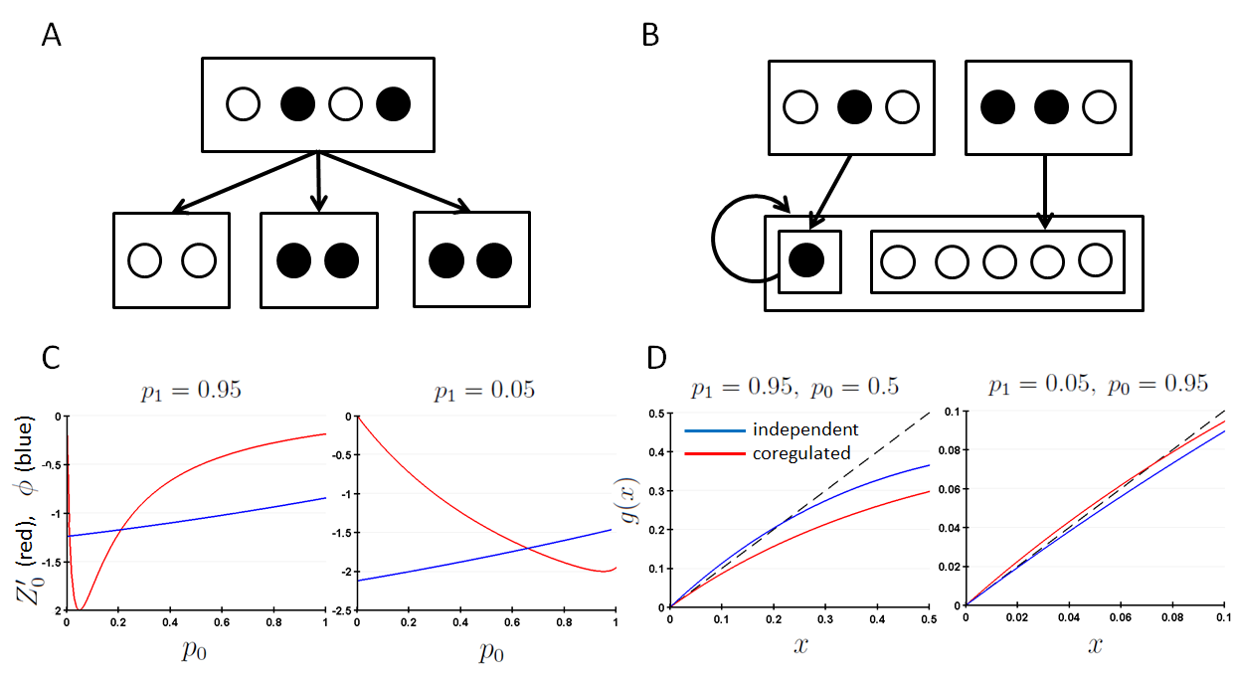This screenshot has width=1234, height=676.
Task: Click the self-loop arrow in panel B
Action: (x=740, y=240)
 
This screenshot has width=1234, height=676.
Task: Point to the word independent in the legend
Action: (x=803, y=429)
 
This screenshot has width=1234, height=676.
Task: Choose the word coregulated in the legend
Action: (x=800, y=453)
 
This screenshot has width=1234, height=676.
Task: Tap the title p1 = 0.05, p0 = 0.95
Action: (x=1100, y=383)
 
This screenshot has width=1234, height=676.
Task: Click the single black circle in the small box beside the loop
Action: (x=807, y=260)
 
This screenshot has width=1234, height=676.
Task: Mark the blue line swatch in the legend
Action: (x=714, y=430)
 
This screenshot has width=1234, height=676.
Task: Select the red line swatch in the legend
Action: (x=714, y=454)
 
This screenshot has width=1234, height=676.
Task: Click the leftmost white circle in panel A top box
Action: (x=244, y=103)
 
